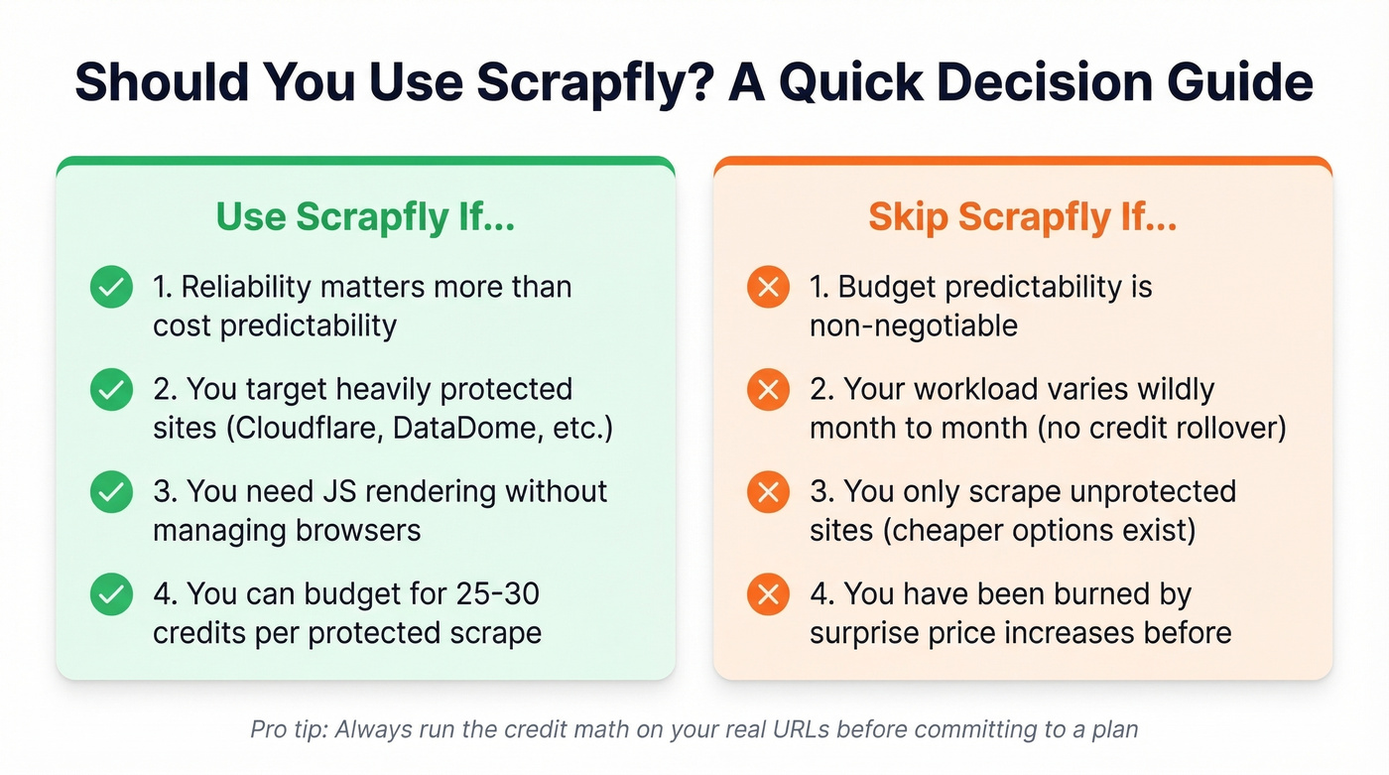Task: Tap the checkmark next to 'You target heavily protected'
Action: [x=111, y=391]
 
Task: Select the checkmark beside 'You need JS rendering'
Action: [x=111, y=492]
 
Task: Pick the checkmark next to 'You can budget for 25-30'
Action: [x=111, y=594]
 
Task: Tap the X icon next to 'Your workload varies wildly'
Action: [x=767, y=391]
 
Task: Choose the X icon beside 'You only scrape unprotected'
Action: [x=767, y=492]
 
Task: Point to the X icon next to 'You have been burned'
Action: [x=767, y=594]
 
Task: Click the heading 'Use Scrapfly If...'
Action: [x=365, y=217]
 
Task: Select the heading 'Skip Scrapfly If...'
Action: [x=1022, y=217]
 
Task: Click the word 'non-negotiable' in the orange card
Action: [x=914, y=325]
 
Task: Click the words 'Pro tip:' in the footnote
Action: [x=289, y=730]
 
